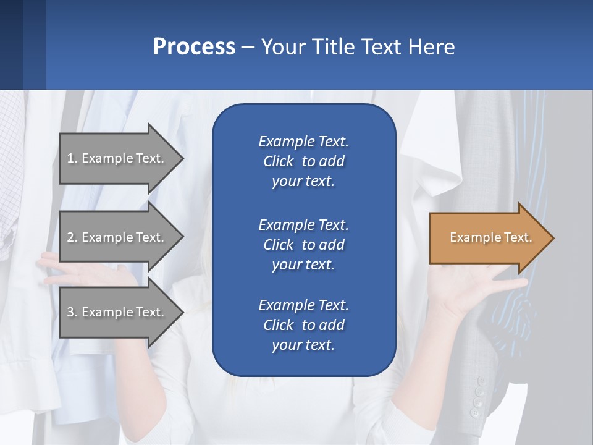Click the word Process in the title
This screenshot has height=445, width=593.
click(x=194, y=47)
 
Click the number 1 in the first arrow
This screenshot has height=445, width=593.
click(x=71, y=158)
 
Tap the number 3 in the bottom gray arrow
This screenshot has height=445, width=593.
click(x=71, y=312)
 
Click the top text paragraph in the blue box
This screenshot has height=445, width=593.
click(x=303, y=161)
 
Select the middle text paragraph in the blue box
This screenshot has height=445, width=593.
click(x=303, y=245)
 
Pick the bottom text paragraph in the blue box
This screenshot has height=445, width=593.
click(x=303, y=325)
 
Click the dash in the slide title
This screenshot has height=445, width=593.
click(x=248, y=47)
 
